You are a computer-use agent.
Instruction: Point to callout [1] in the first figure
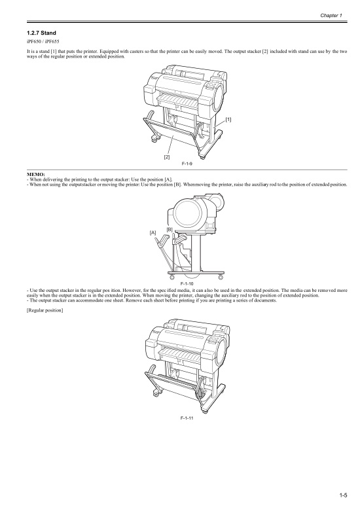(228, 119)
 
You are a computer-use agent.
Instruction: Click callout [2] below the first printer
(167, 157)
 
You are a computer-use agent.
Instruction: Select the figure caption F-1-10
(187, 282)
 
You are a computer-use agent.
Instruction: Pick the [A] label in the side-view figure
(153, 232)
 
